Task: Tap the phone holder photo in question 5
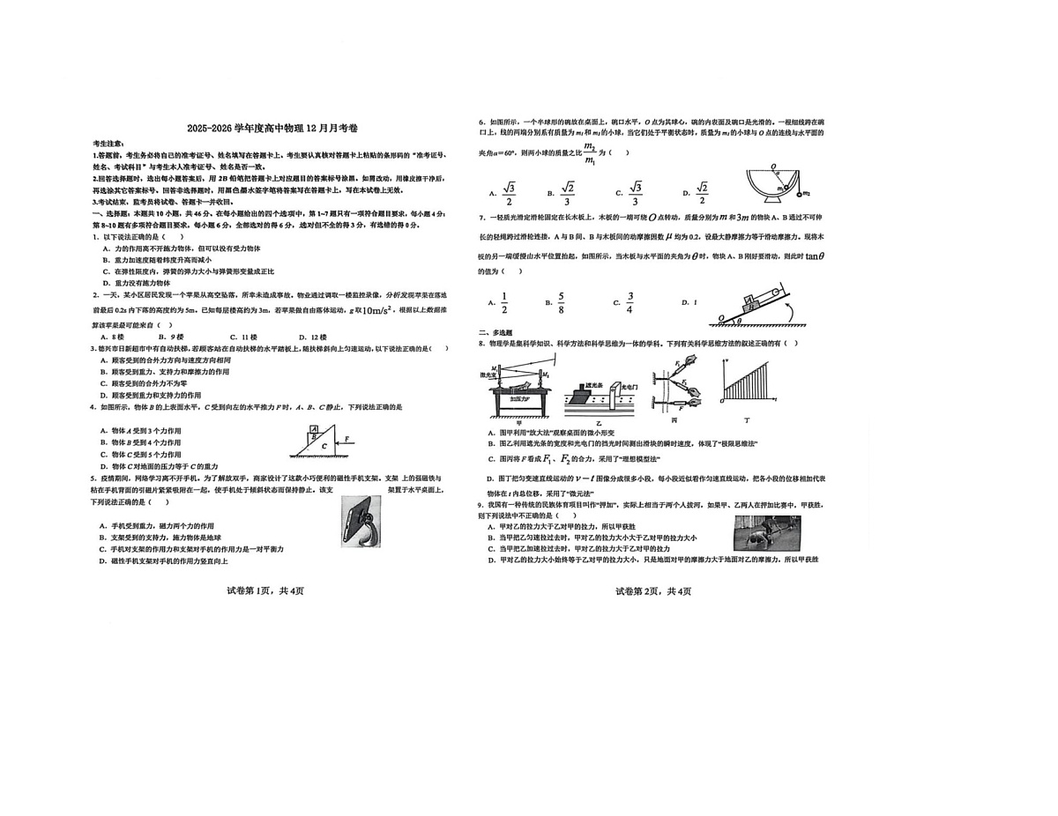point(361,521)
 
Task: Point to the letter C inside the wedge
point(324,446)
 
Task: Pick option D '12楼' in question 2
point(312,337)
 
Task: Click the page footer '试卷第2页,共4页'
point(653,590)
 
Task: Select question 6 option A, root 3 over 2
point(508,192)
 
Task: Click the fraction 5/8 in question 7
point(561,302)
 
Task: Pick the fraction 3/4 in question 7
point(630,302)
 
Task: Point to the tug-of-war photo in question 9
point(766,532)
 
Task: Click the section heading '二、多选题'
point(495,332)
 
